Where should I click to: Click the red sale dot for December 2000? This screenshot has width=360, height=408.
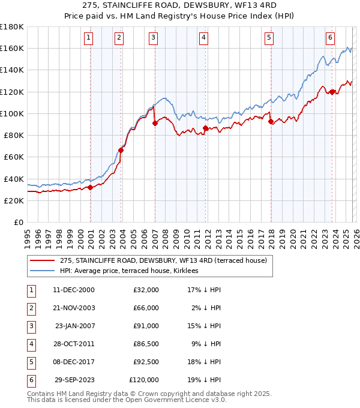coord(90,187)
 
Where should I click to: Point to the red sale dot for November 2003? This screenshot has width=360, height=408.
coord(121,151)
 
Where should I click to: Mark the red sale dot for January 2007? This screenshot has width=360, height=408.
coord(155,123)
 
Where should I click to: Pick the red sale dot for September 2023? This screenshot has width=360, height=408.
coord(332,92)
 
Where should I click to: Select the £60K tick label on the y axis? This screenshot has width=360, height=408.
coord(14,157)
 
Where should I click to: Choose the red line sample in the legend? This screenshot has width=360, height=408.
coord(43,260)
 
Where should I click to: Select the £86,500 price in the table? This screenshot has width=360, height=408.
coord(145,344)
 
